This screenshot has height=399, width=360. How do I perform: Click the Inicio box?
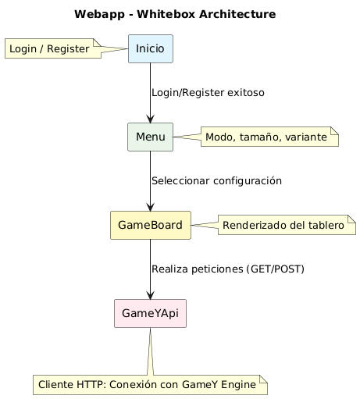tap(150, 49)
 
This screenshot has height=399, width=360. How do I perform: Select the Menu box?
tap(150, 137)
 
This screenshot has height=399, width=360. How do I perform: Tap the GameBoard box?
tap(150, 226)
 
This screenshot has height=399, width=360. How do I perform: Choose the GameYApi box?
tap(150, 314)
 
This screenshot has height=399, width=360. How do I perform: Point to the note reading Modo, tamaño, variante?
tap(266, 137)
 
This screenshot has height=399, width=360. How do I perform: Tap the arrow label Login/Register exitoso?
tap(208, 93)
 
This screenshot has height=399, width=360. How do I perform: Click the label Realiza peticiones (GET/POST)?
tap(227, 269)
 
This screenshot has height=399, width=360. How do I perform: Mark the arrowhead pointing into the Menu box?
tap(150, 118)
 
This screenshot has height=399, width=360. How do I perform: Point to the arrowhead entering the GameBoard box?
tap(150, 206)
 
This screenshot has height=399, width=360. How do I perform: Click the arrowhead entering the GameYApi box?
tap(150, 294)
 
